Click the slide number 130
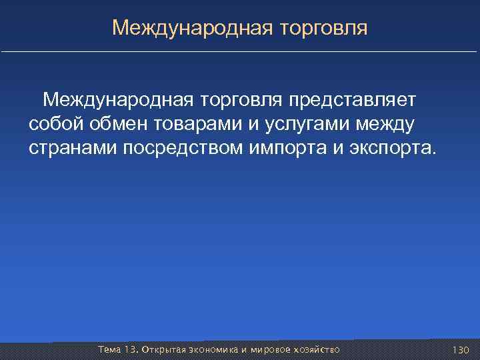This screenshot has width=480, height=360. (461, 349)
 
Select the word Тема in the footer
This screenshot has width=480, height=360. (109, 349)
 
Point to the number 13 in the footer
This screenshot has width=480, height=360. (130, 349)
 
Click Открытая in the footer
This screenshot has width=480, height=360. (159, 349)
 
